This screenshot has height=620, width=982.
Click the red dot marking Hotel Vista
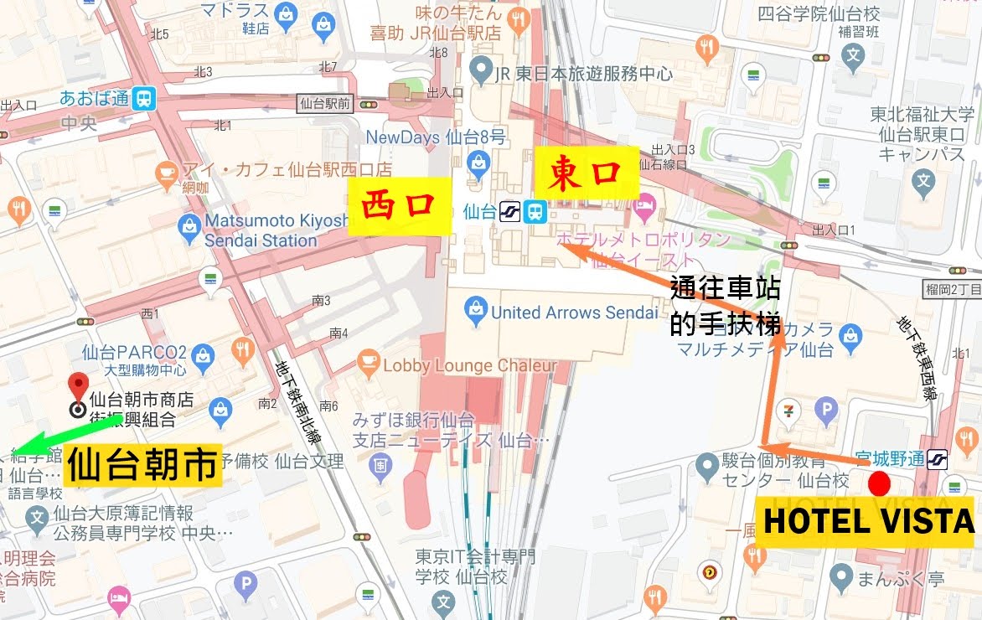[879, 483]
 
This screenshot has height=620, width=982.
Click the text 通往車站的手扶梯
[726, 307]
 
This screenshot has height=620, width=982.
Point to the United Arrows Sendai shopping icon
[476, 312]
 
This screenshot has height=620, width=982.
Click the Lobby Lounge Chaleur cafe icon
[367, 364]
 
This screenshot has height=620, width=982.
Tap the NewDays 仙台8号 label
[436, 136]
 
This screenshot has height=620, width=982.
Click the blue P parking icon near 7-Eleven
[827, 409]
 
